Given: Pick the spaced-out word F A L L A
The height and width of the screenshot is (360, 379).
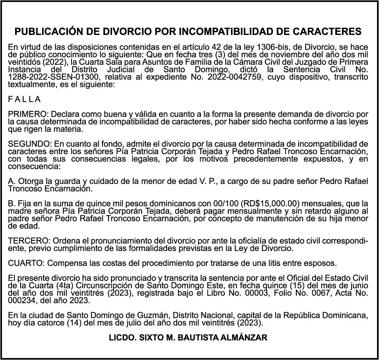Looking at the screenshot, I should [x=24, y=99].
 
